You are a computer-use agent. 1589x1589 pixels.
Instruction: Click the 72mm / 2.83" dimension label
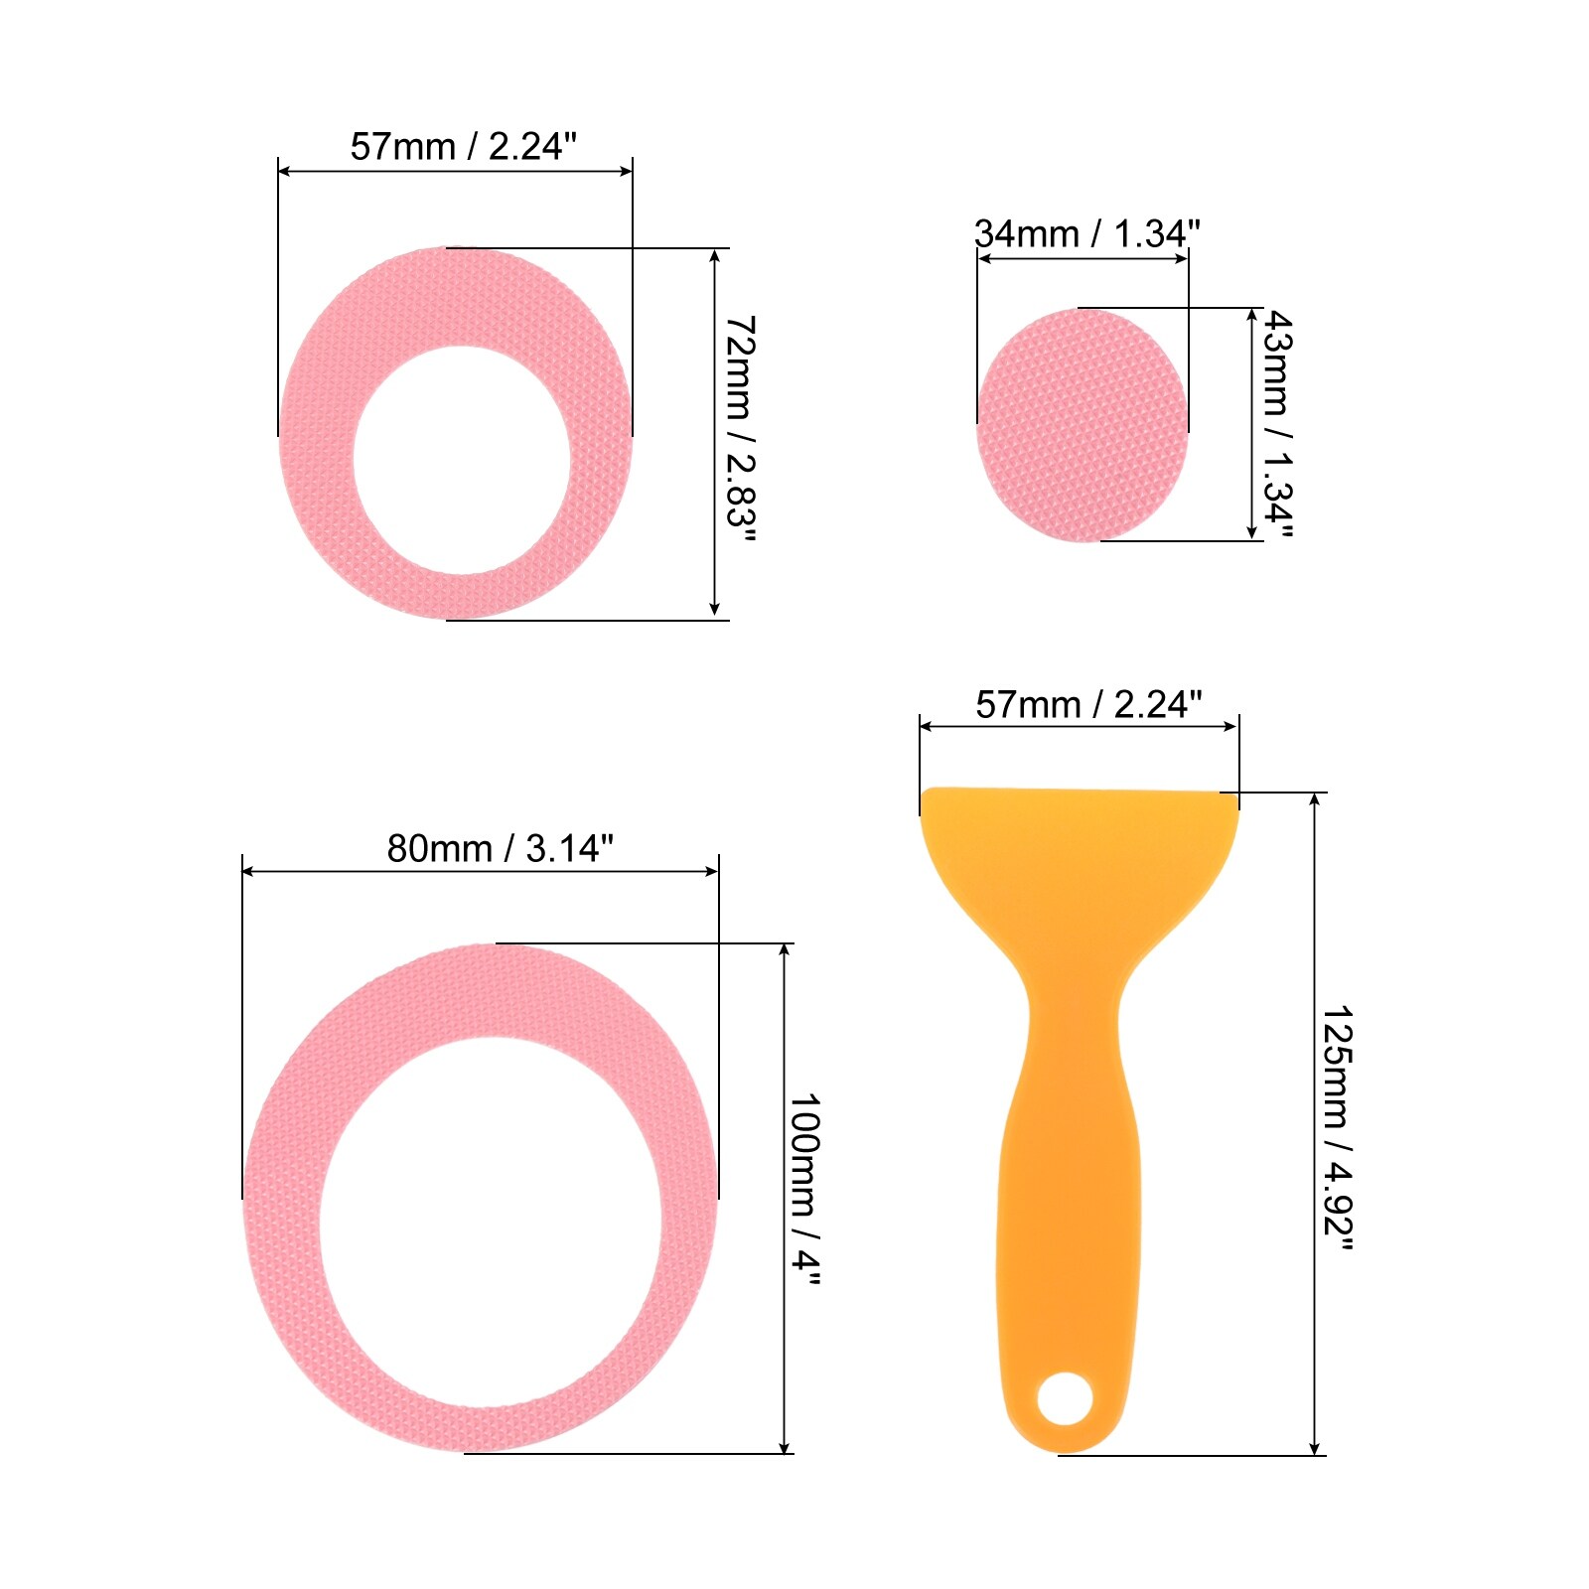click(741, 430)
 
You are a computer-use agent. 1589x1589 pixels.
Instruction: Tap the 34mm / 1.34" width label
click(1087, 234)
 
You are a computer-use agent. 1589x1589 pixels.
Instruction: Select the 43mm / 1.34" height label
click(1277, 424)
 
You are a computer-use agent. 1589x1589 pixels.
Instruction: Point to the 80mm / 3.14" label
click(501, 848)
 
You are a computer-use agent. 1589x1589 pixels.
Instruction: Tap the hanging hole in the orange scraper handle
click(1065, 1398)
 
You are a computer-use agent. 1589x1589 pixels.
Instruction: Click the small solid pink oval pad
click(1083, 425)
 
